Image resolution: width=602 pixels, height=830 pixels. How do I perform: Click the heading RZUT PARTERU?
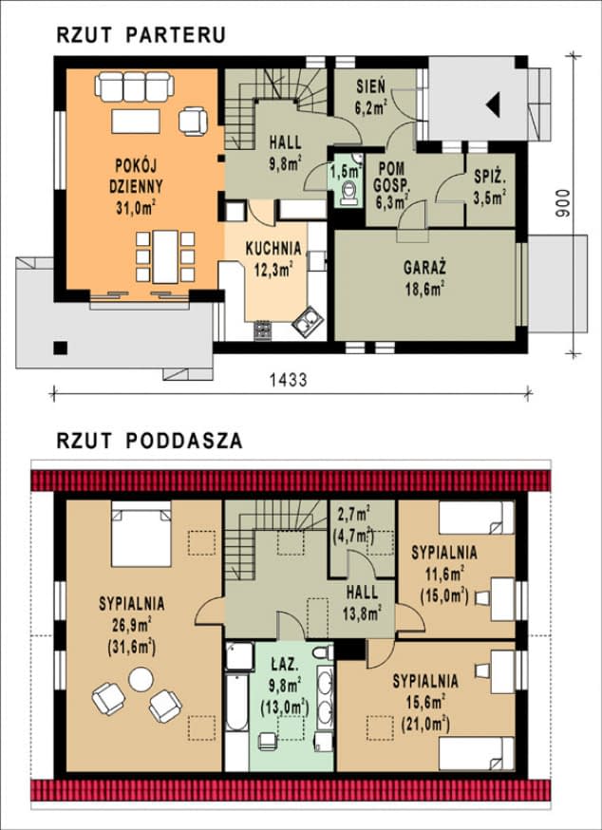(141, 35)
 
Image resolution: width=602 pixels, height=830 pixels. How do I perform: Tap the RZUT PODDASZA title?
(150, 441)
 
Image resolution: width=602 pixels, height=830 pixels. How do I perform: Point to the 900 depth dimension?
(563, 203)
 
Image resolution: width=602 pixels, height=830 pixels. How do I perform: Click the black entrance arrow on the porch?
(493, 104)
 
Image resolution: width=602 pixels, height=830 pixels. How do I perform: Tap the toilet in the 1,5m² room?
(349, 193)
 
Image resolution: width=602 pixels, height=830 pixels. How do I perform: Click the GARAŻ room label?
(424, 268)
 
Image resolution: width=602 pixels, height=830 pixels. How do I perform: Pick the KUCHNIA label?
(273, 248)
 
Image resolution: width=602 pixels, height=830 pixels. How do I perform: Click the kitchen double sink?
(309, 322)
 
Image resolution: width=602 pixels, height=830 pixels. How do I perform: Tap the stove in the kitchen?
(263, 330)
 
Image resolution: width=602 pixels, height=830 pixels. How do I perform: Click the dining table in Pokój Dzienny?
(165, 256)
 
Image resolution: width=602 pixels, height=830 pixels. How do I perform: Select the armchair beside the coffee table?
(193, 122)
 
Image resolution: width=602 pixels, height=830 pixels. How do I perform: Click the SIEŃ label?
(370, 85)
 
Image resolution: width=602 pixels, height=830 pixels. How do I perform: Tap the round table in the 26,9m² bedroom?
(141, 680)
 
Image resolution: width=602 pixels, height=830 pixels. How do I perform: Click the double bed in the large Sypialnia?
(141, 534)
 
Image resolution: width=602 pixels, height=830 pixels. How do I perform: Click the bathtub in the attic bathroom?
(236, 702)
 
